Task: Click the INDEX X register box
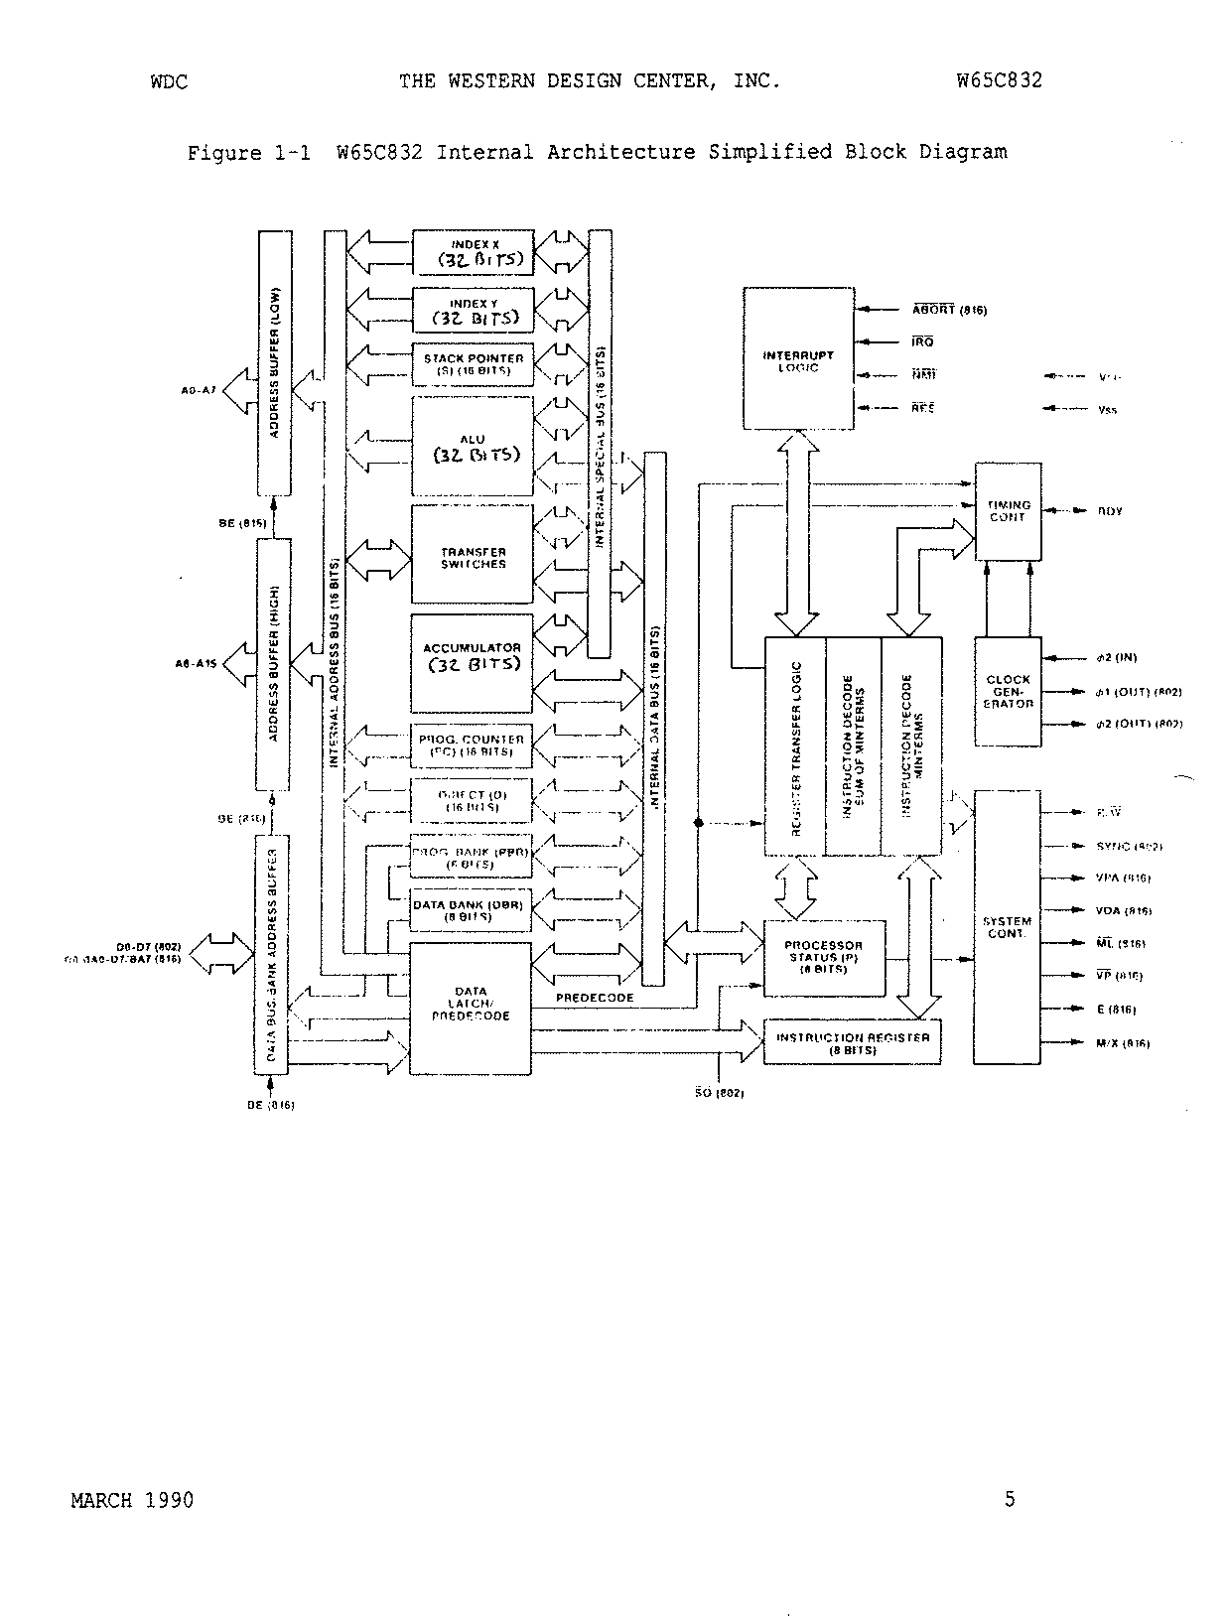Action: [473, 252]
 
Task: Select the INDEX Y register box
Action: [473, 310]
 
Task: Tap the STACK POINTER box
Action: [473, 364]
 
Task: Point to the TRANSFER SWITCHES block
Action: [473, 554]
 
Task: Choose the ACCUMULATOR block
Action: [473, 663]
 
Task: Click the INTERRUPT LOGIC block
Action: [798, 358]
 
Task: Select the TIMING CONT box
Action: [1008, 511]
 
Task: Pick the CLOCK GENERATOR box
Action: [1008, 691]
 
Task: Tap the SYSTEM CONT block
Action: [1007, 927]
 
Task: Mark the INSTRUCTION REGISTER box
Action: [852, 1042]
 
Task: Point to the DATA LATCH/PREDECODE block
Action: [471, 1008]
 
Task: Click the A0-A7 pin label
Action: [199, 391]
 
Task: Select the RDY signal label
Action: [1109, 511]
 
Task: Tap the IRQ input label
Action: [922, 342]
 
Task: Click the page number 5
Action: [1010, 1499]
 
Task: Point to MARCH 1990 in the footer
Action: [132, 1500]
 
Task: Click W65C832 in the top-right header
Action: [1000, 81]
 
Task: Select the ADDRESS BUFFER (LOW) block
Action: [275, 363]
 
